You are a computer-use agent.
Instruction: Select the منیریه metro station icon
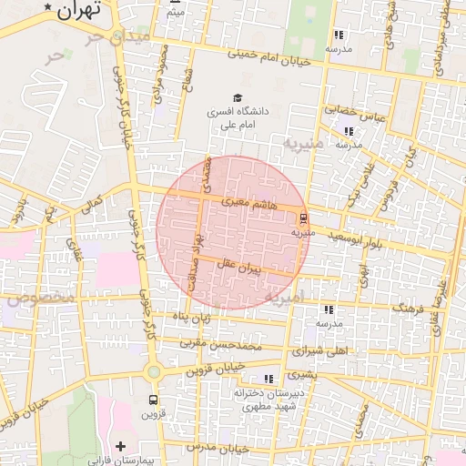pos(302,218)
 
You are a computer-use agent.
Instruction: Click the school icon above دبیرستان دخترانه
pos(268,379)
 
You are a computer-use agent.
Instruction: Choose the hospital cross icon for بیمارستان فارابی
pos(120,446)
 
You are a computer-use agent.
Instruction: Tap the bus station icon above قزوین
pos(153,400)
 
